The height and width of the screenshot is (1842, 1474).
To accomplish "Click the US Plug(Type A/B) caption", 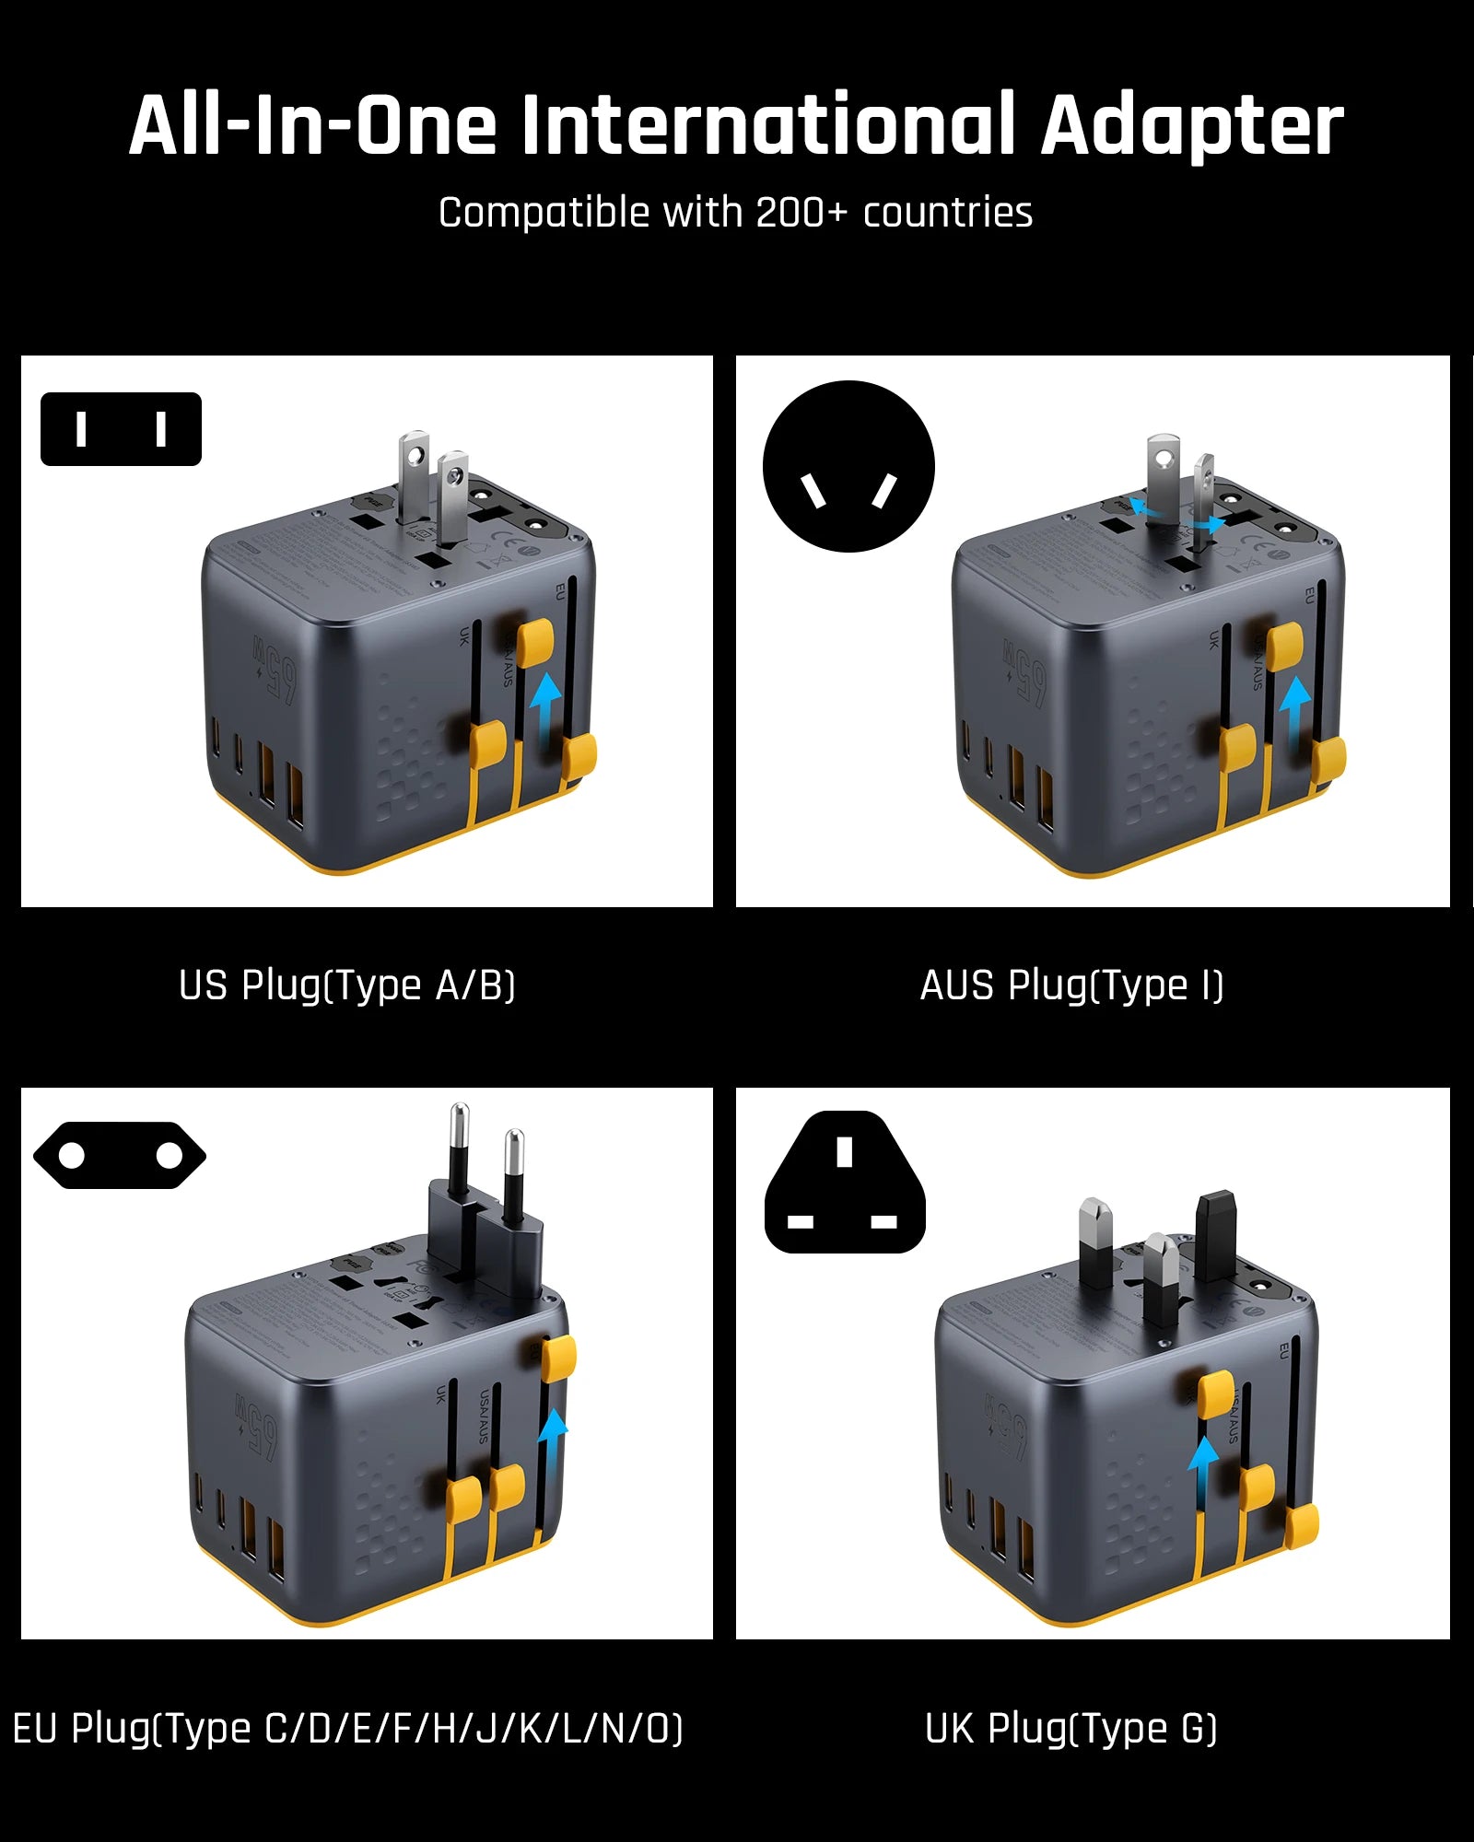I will [x=347, y=985].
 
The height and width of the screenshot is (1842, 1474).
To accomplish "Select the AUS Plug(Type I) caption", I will [x=1071, y=985].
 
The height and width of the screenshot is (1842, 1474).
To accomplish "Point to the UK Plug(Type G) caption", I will [x=1071, y=1729].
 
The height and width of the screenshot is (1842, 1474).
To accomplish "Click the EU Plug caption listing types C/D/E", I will [x=348, y=1729].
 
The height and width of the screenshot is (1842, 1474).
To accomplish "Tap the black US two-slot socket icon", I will [x=121, y=429].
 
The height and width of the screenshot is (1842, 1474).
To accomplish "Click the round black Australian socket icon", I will [x=848, y=466].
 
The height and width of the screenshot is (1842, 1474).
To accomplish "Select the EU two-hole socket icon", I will [x=120, y=1155].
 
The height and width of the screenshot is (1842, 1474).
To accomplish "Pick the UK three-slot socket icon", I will [x=845, y=1183].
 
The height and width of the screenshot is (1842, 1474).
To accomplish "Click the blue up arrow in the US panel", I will [x=546, y=702].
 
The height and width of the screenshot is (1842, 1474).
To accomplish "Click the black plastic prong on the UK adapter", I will [x=1215, y=1234].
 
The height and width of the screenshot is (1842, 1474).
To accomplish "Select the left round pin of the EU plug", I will [x=459, y=1151].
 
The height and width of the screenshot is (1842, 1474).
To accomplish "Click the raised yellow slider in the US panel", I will [x=534, y=642].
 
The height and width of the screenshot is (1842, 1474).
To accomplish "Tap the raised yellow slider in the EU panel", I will [x=558, y=1359].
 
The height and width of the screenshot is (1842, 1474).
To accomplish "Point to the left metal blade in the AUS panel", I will [x=1163, y=479].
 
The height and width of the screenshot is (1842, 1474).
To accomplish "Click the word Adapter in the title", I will [x=1191, y=126].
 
